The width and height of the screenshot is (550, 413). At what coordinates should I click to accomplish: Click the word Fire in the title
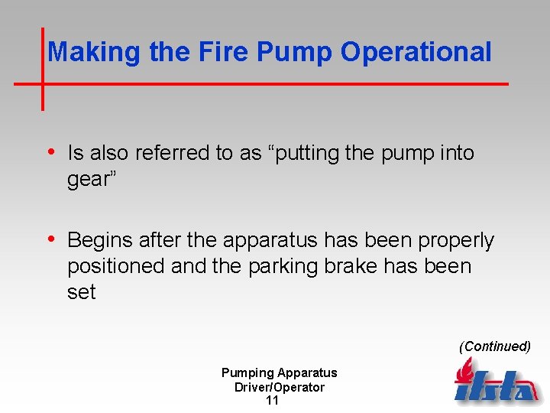(228, 52)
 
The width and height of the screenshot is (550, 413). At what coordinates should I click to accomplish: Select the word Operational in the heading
(416, 52)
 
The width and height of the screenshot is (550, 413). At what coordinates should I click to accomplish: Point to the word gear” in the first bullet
(89, 179)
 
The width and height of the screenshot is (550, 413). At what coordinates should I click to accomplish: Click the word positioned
(116, 266)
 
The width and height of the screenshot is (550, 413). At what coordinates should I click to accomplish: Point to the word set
(81, 292)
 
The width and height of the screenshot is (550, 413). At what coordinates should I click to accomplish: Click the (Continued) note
(494, 346)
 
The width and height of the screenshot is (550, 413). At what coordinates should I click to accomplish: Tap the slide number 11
(272, 401)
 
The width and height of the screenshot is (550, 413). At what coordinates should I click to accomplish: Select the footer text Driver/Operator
(280, 387)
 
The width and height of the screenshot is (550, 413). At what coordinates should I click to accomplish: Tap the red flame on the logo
(464, 372)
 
